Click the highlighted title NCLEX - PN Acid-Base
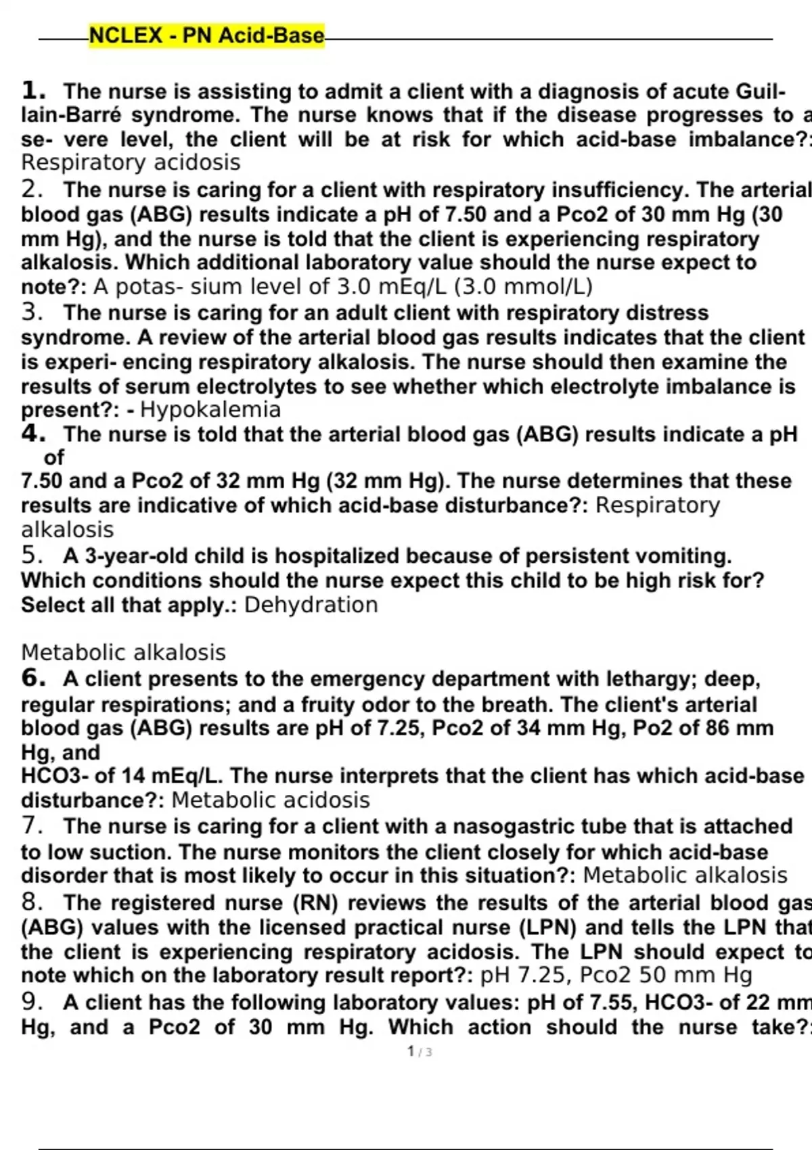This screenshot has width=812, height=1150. [x=206, y=35]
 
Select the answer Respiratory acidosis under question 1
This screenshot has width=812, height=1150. [x=131, y=163]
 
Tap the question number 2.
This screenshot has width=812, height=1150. [x=32, y=189]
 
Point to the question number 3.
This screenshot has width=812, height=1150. [x=32, y=313]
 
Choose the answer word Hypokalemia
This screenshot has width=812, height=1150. [x=210, y=410]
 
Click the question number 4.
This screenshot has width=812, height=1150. [x=34, y=434]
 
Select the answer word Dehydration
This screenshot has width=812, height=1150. [x=311, y=605]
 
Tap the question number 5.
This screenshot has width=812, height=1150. [x=32, y=555]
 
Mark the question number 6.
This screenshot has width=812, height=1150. [x=34, y=678]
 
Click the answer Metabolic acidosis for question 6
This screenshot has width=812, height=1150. [x=271, y=800]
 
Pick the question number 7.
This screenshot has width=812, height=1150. [x=32, y=826]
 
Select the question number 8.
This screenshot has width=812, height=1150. [x=32, y=902]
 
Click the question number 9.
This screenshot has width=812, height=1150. [x=32, y=1002]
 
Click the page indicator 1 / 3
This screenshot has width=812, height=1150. [x=420, y=1052]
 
